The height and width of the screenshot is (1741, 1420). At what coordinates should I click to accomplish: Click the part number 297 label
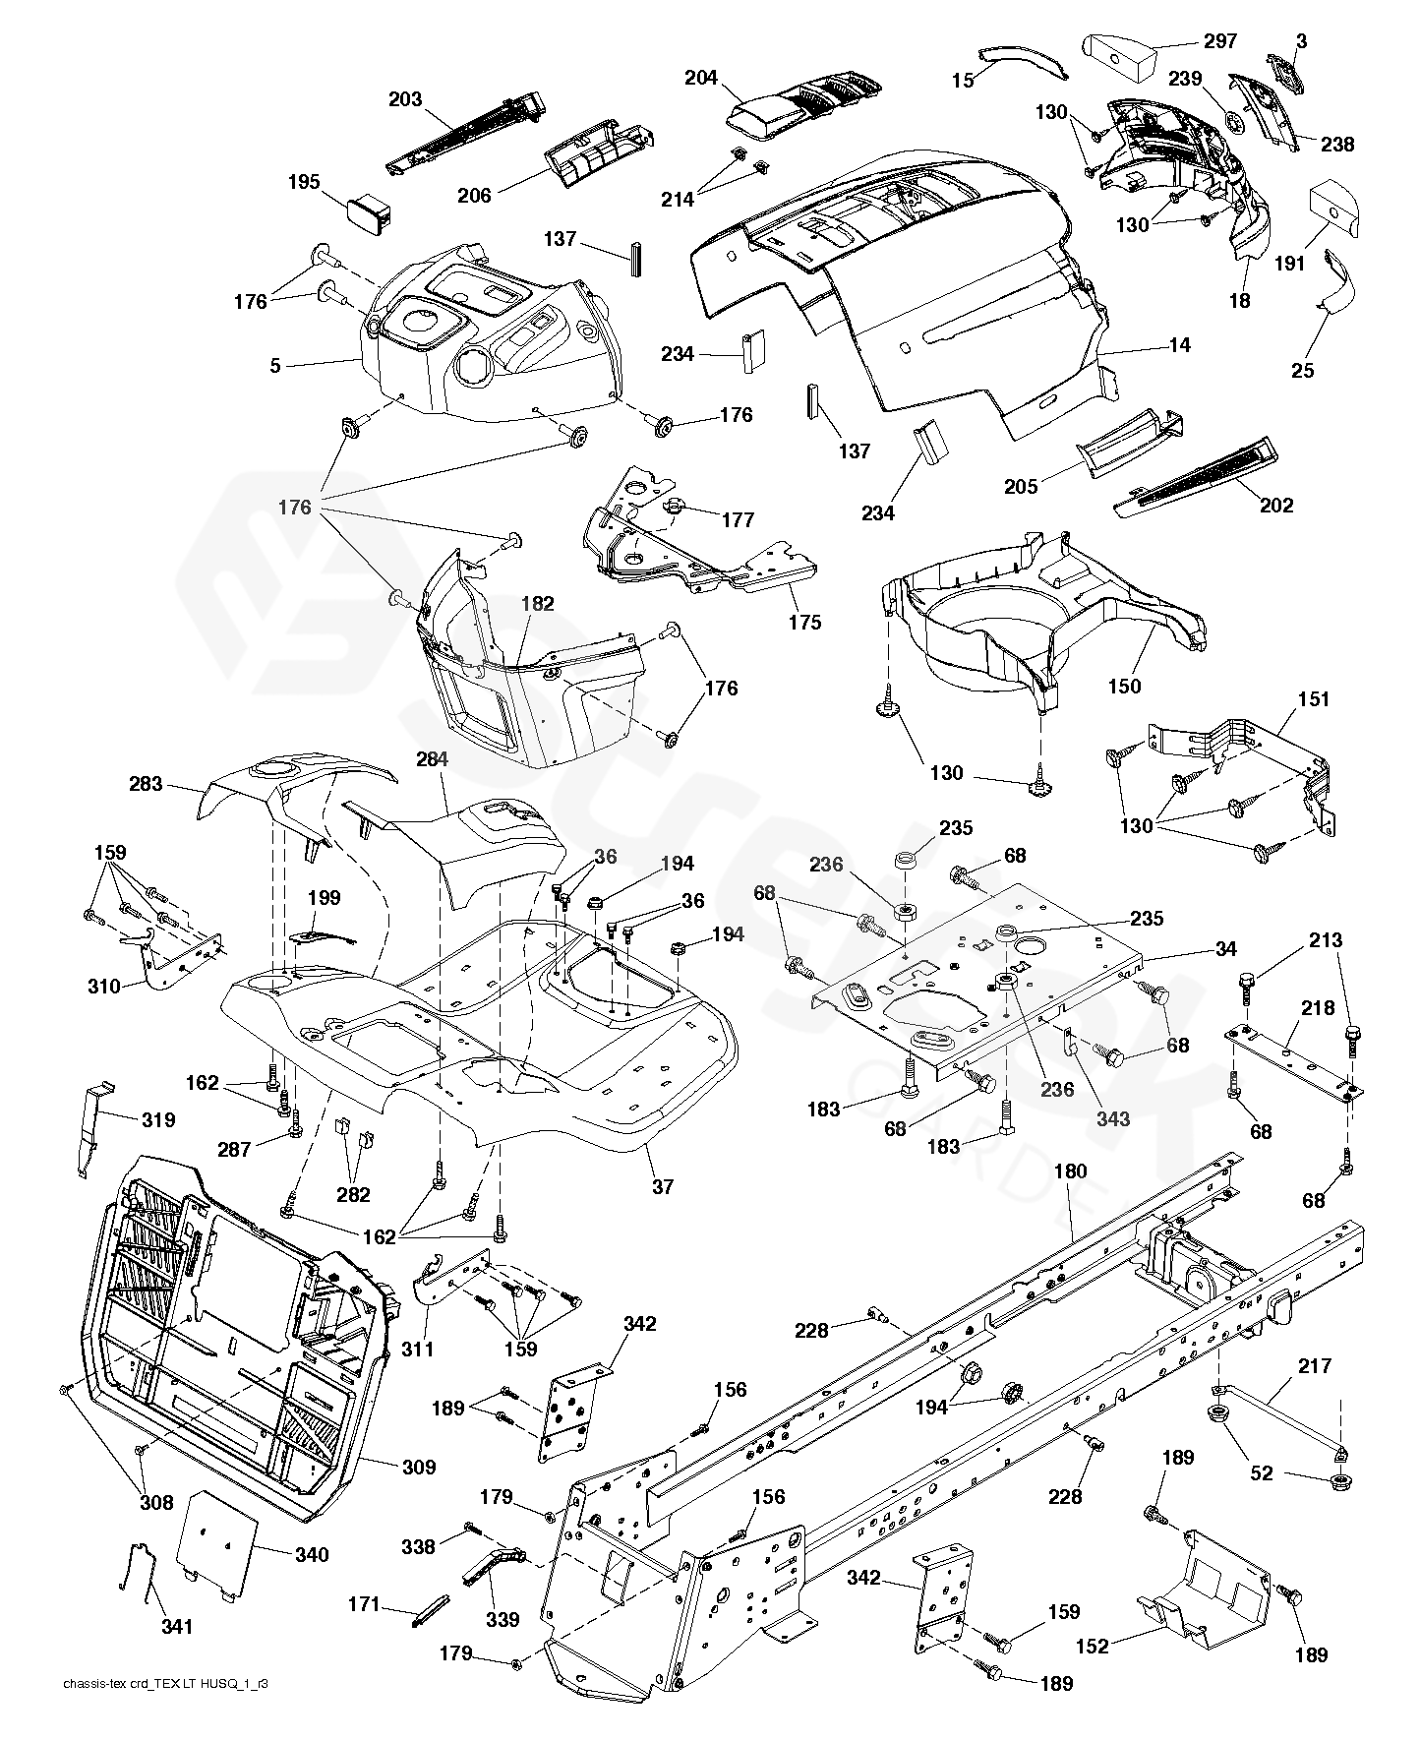tap(1219, 41)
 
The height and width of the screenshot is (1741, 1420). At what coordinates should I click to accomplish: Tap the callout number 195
tap(304, 182)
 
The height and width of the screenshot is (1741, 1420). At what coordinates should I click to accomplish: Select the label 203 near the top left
tap(405, 99)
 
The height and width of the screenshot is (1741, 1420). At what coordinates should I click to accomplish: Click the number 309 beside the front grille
tap(419, 1467)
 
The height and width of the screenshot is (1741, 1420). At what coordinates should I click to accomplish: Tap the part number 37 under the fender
tap(663, 1186)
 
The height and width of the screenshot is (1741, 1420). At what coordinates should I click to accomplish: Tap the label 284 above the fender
tap(433, 759)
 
